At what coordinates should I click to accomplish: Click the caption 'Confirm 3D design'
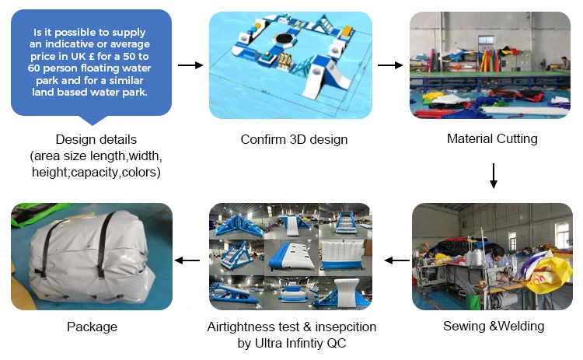[294, 140]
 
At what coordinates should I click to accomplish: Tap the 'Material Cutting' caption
[492, 139]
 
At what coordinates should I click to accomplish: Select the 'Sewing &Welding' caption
[493, 326]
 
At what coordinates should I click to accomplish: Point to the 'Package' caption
[92, 327]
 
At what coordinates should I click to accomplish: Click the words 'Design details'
[96, 140]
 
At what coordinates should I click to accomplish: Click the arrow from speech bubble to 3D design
[190, 65]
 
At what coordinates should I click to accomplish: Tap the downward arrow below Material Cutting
[493, 176]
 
